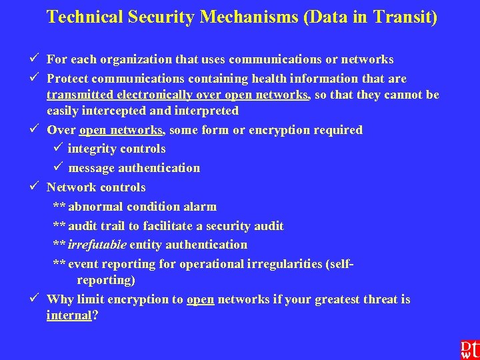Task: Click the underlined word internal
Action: tap(69, 315)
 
